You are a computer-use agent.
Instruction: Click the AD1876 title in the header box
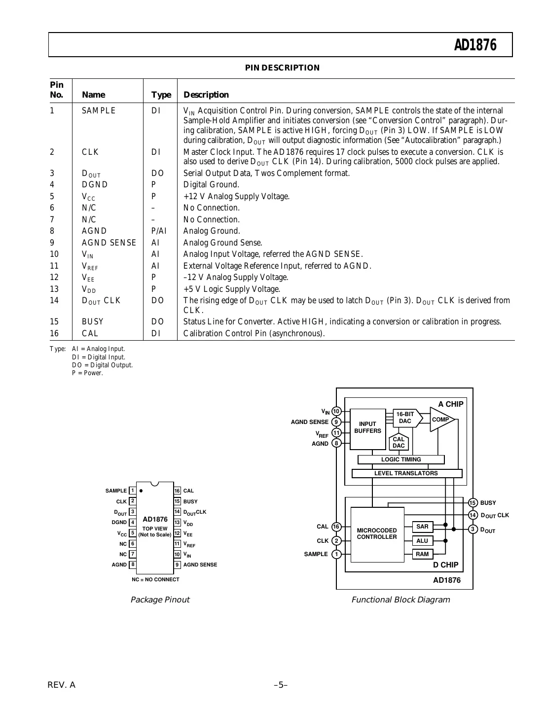475,45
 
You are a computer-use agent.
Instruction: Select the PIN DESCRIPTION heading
282,68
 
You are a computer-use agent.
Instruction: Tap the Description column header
206,95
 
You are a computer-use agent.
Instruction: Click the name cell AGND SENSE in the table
109,243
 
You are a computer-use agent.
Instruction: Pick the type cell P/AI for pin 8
159,231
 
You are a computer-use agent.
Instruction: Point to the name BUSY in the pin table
93,321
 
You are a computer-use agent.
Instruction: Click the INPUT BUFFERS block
367,428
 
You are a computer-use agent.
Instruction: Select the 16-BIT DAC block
406,418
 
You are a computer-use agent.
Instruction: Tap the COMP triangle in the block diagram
440,420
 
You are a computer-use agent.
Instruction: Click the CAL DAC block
399,442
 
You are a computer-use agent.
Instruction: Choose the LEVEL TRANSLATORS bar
406,473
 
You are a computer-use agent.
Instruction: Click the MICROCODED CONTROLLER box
377,534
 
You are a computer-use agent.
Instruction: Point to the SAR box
423,527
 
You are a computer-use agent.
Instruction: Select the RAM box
422,554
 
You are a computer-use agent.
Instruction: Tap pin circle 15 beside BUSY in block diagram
473,503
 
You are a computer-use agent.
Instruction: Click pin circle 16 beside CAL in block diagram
336,527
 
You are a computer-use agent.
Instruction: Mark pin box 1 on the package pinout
133,491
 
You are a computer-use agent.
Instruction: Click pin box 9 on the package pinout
178,564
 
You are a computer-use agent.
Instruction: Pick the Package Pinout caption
160,600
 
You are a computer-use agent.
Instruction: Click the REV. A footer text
62,685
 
